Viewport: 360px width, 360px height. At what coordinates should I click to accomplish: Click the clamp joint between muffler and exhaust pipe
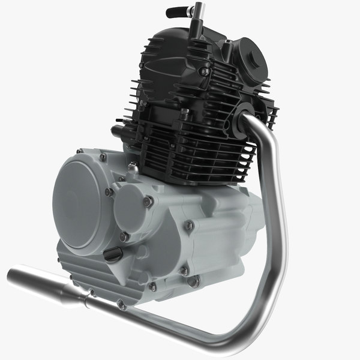[x=90, y=294]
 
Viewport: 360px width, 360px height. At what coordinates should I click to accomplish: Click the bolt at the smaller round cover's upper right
[x=148, y=202]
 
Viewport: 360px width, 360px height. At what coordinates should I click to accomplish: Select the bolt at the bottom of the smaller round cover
[x=124, y=237]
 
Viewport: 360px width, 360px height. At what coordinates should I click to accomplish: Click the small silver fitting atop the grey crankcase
[x=131, y=169]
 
